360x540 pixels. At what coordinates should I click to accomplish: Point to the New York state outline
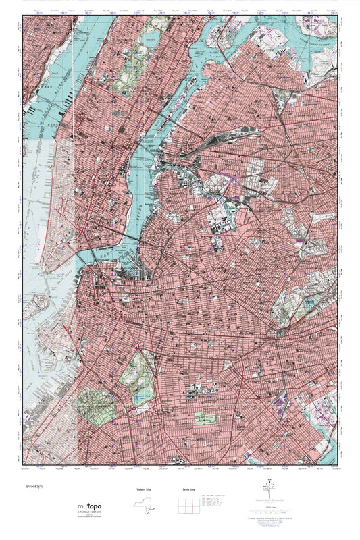[138, 504]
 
